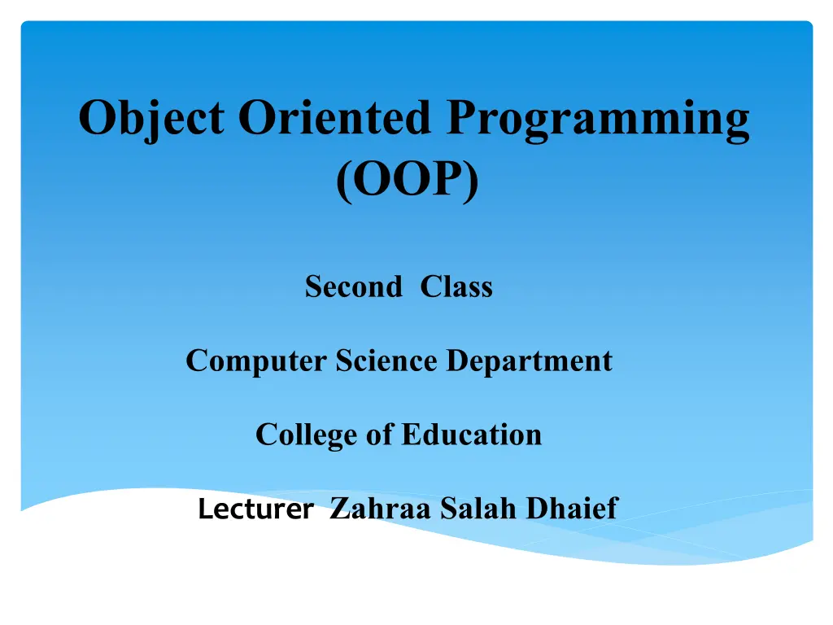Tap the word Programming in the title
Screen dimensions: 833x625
click(598, 120)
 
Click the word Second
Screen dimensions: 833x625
click(354, 286)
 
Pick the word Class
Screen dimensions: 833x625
click(456, 286)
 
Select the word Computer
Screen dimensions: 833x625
click(256, 361)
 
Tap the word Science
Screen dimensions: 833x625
click(386, 361)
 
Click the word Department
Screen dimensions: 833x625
click(529, 361)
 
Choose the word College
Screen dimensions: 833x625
click(307, 435)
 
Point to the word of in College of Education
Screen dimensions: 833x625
click(380, 435)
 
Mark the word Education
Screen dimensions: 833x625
click(472, 435)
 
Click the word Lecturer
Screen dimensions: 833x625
click(256, 509)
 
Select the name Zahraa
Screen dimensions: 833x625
click(380, 508)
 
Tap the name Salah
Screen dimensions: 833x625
click(478, 508)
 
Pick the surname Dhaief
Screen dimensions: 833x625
click(572, 508)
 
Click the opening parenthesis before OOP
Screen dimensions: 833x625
click(344, 181)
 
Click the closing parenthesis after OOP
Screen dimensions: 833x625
click(471, 181)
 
